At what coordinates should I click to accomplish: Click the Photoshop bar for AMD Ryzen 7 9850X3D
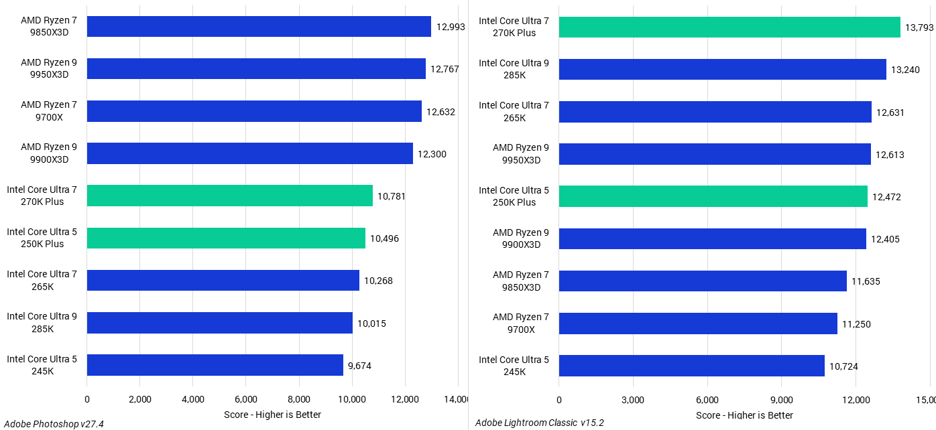coord(259,26)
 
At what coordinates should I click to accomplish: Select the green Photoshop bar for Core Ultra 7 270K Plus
coord(230,196)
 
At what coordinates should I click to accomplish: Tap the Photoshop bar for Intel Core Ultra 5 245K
coord(215,365)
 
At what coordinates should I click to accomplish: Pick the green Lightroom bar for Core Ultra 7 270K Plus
coord(729,27)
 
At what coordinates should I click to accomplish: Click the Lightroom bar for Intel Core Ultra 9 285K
coord(723,69)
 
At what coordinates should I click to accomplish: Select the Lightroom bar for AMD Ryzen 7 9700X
coord(698,324)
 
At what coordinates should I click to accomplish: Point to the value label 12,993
coord(451,27)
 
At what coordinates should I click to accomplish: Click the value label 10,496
coord(384,238)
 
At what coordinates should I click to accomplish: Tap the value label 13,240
coord(905,70)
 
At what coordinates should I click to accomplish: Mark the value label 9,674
coord(359,366)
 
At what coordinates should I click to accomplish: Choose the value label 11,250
coord(856,324)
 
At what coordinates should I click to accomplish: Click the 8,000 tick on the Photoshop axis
coord(299,399)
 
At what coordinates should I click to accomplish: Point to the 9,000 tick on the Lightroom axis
coord(781,400)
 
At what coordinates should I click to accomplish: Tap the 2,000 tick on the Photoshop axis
coord(140,399)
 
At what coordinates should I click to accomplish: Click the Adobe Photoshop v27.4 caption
coord(54,424)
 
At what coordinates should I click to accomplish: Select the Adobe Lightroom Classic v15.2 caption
coord(540,423)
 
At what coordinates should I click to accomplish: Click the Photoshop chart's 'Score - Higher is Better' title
coord(272,415)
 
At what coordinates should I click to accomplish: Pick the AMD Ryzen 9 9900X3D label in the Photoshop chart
coord(49,153)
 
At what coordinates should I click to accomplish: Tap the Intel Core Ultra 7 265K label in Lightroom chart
coord(514,111)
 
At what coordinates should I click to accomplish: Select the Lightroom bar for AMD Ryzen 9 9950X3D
coord(715,154)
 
